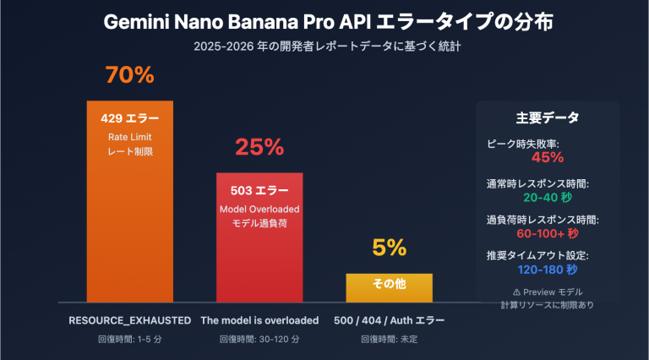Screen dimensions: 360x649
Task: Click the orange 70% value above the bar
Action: (129, 75)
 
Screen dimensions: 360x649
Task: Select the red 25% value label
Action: (259, 147)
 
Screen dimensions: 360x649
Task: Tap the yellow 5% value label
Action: (390, 248)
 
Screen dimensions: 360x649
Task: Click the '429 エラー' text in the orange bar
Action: (129, 118)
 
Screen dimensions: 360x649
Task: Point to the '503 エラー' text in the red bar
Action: (259, 190)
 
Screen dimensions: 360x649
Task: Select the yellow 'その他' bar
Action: (390, 286)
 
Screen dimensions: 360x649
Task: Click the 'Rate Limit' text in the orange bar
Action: (129, 137)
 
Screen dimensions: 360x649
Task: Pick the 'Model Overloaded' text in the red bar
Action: (259, 209)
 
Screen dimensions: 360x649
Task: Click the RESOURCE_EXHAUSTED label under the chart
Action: (129, 321)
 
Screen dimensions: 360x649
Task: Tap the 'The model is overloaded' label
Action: (259, 321)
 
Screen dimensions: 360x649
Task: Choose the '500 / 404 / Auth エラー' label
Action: (390, 321)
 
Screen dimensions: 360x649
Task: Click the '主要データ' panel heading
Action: (547, 118)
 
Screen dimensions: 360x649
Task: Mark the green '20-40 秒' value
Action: (547, 198)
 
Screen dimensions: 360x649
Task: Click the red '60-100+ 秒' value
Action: (547, 233)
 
